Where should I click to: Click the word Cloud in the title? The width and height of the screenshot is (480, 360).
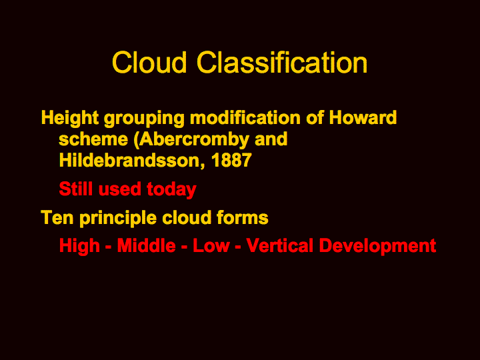pos(149,62)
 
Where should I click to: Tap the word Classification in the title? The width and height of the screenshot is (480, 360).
pos(282,62)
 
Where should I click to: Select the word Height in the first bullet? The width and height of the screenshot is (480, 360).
pos(70,118)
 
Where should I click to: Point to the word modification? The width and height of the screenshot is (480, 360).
pos(245,117)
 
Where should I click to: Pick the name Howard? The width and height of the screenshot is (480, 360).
pos(363,117)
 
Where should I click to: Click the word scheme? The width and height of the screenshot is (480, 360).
pos(93,139)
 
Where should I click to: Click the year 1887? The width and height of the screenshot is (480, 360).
pos(231,160)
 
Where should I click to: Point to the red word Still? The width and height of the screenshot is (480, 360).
pos(76,189)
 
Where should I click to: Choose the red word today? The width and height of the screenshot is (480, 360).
pos(171,189)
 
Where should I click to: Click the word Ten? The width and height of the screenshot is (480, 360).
pos(57,217)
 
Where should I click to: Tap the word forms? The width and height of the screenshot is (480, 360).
pos(242,217)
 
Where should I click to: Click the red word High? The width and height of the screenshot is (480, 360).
pos(79,246)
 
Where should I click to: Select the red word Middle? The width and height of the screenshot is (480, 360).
pos(146,245)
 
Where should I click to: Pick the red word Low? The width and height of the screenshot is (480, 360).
pos(211,245)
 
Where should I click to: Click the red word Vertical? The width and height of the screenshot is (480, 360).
pos(280,245)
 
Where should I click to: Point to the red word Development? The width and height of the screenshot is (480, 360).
pos(377,246)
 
